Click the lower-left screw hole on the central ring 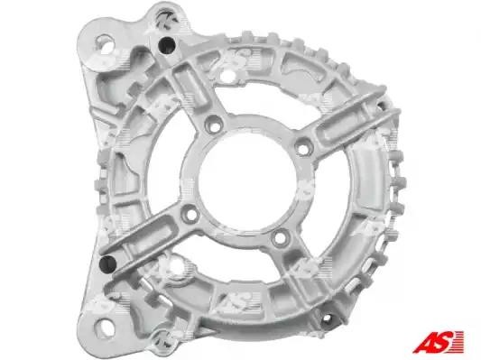(190, 213)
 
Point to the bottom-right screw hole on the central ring (280, 237)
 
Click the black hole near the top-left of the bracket (167, 45)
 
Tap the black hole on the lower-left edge (108, 264)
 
